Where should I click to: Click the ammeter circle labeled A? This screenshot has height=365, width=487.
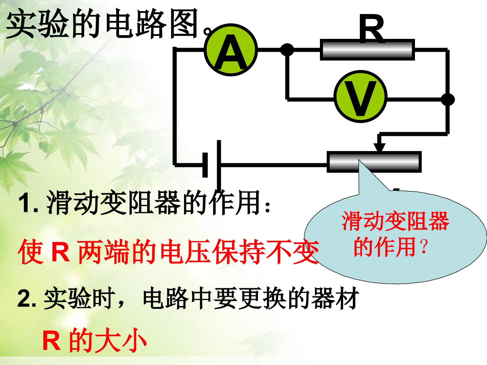pyautogui.click(x=231, y=50)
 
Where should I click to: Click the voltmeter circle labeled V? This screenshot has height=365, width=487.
pyautogui.click(x=361, y=96)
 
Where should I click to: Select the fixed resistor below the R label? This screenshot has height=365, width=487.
pyautogui.click(x=367, y=50)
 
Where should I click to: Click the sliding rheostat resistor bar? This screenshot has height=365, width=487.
pyautogui.click(x=374, y=162)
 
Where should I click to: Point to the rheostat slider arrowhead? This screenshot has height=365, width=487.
pyautogui.click(x=379, y=147)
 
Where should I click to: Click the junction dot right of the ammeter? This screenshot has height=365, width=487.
pyautogui.click(x=287, y=50)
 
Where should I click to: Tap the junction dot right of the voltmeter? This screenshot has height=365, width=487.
pyautogui.click(x=448, y=100)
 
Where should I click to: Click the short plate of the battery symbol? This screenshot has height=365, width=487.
pyautogui.click(x=205, y=165)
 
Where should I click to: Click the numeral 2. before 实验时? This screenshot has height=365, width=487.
pyautogui.click(x=27, y=299)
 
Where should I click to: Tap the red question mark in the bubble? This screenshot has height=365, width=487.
pyautogui.click(x=424, y=247)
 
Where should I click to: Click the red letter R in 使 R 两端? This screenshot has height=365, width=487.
pyautogui.click(x=60, y=252)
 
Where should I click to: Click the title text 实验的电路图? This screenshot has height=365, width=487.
pyautogui.click(x=102, y=24)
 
